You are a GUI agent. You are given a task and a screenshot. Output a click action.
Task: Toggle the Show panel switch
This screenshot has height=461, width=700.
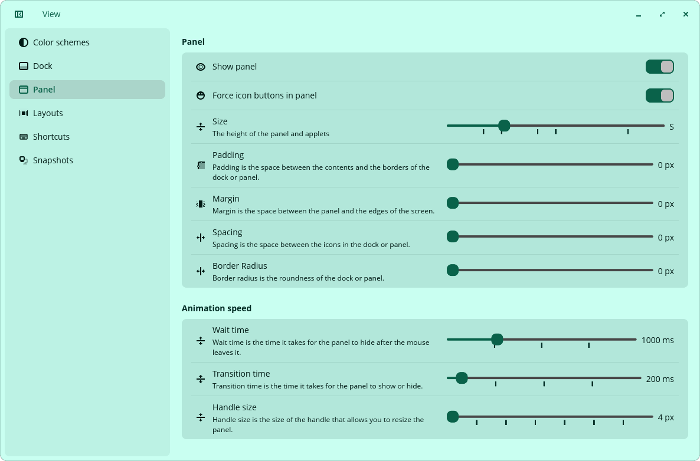tap(659, 67)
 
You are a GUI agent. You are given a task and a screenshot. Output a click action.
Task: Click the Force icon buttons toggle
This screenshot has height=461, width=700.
tap(659, 96)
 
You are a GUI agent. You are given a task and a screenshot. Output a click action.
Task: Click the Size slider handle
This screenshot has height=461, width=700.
tap(504, 126)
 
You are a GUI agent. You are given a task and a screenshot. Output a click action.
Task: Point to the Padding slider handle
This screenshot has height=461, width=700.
tap(453, 164)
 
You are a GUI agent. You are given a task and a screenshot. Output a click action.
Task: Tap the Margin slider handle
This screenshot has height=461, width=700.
tap(453, 203)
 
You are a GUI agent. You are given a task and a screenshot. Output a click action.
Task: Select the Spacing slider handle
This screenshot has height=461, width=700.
tap(453, 237)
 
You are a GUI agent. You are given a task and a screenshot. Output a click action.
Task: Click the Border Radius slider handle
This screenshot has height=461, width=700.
tap(453, 270)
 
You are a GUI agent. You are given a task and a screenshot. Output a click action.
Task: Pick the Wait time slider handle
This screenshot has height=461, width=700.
tap(497, 340)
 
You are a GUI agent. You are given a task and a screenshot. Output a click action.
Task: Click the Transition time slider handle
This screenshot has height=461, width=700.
tap(462, 378)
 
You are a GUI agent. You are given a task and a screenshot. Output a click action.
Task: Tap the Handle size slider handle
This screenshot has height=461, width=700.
tap(453, 417)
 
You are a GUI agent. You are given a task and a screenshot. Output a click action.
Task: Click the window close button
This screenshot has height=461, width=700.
tap(686, 14)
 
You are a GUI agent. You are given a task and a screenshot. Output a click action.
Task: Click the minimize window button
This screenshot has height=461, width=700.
tap(639, 14)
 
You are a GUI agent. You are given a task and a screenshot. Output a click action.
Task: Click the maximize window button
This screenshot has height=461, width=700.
tap(662, 14)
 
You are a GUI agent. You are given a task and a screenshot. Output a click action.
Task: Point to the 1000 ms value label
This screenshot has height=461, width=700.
tap(658, 340)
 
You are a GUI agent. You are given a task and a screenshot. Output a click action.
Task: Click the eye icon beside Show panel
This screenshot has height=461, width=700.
tap(201, 67)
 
